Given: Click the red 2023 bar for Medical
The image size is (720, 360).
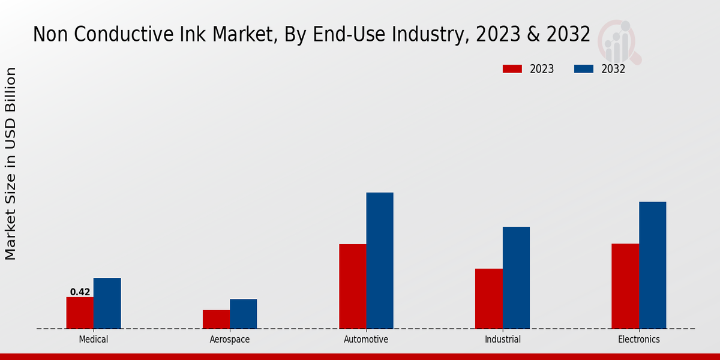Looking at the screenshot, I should [x=80, y=313].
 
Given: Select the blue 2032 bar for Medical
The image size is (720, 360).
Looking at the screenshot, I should [x=107, y=303].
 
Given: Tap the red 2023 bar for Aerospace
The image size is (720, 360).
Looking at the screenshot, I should [x=216, y=319].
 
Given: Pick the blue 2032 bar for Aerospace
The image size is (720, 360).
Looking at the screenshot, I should [x=243, y=314].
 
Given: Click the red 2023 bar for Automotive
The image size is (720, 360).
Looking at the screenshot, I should [x=352, y=286].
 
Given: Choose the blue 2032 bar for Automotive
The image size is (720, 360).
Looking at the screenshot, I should [x=380, y=260].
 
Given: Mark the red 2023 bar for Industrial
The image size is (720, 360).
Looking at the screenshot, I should [x=488, y=298].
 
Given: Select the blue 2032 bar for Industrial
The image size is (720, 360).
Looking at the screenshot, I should [x=516, y=277].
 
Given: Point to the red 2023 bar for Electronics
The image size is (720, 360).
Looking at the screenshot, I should [x=625, y=286].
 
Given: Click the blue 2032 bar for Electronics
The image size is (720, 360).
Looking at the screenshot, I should [x=652, y=265].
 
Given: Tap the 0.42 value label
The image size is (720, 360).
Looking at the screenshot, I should [x=80, y=292].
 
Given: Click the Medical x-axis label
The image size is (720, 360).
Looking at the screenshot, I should [x=94, y=340].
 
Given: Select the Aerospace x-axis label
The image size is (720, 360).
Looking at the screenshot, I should [x=230, y=340].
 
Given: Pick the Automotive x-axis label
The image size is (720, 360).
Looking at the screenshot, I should [x=366, y=340].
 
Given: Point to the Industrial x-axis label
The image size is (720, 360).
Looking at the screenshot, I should [x=503, y=340].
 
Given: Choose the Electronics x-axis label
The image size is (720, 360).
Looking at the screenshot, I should [x=639, y=340].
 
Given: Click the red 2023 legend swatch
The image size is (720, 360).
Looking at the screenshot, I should [x=512, y=69].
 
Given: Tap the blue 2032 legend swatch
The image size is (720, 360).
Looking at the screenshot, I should [x=584, y=69].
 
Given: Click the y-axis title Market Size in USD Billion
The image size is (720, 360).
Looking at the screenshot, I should [x=11, y=164].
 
